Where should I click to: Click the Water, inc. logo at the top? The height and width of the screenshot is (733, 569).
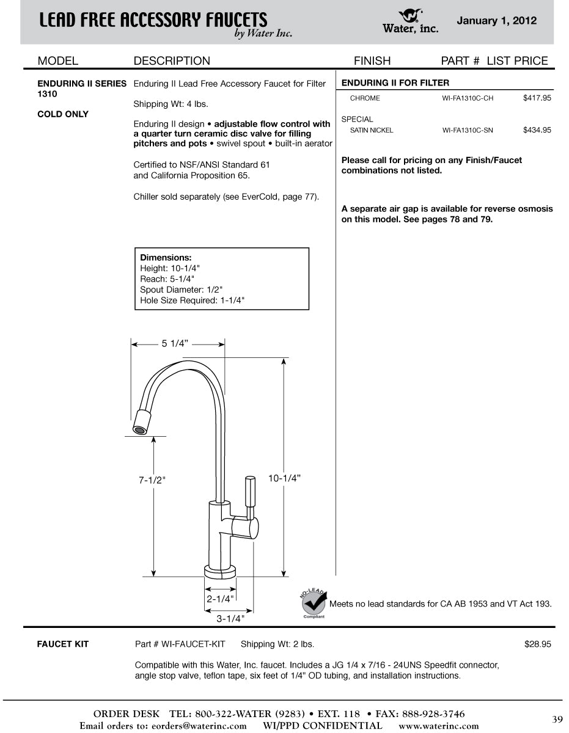click(410, 21)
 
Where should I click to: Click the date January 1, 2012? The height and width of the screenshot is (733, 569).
click(496, 21)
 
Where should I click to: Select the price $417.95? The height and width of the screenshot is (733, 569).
click(537, 98)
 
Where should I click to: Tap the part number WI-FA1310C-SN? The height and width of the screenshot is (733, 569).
click(468, 130)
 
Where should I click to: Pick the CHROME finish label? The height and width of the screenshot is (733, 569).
click(365, 98)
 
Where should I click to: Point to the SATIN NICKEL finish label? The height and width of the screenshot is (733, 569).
click(372, 130)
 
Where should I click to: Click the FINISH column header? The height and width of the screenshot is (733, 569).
click(372, 61)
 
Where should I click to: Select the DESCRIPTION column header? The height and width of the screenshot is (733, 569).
click(172, 61)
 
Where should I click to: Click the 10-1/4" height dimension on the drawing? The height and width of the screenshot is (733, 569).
click(284, 478)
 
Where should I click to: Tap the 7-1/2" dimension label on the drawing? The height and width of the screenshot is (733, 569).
click(152, 480)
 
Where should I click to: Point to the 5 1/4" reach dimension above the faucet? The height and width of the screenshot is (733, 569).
click(175, 344)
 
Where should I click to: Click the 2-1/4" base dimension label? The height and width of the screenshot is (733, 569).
click(219, 599)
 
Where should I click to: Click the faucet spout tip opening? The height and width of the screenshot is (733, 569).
click(140, 430)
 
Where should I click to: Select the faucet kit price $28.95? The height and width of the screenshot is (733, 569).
click(538, 644)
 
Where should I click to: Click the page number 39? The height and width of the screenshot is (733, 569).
click(557, 719)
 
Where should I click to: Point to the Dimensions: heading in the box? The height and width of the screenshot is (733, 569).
click(166, 258)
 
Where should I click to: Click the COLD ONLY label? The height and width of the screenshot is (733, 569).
click(63, 114)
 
